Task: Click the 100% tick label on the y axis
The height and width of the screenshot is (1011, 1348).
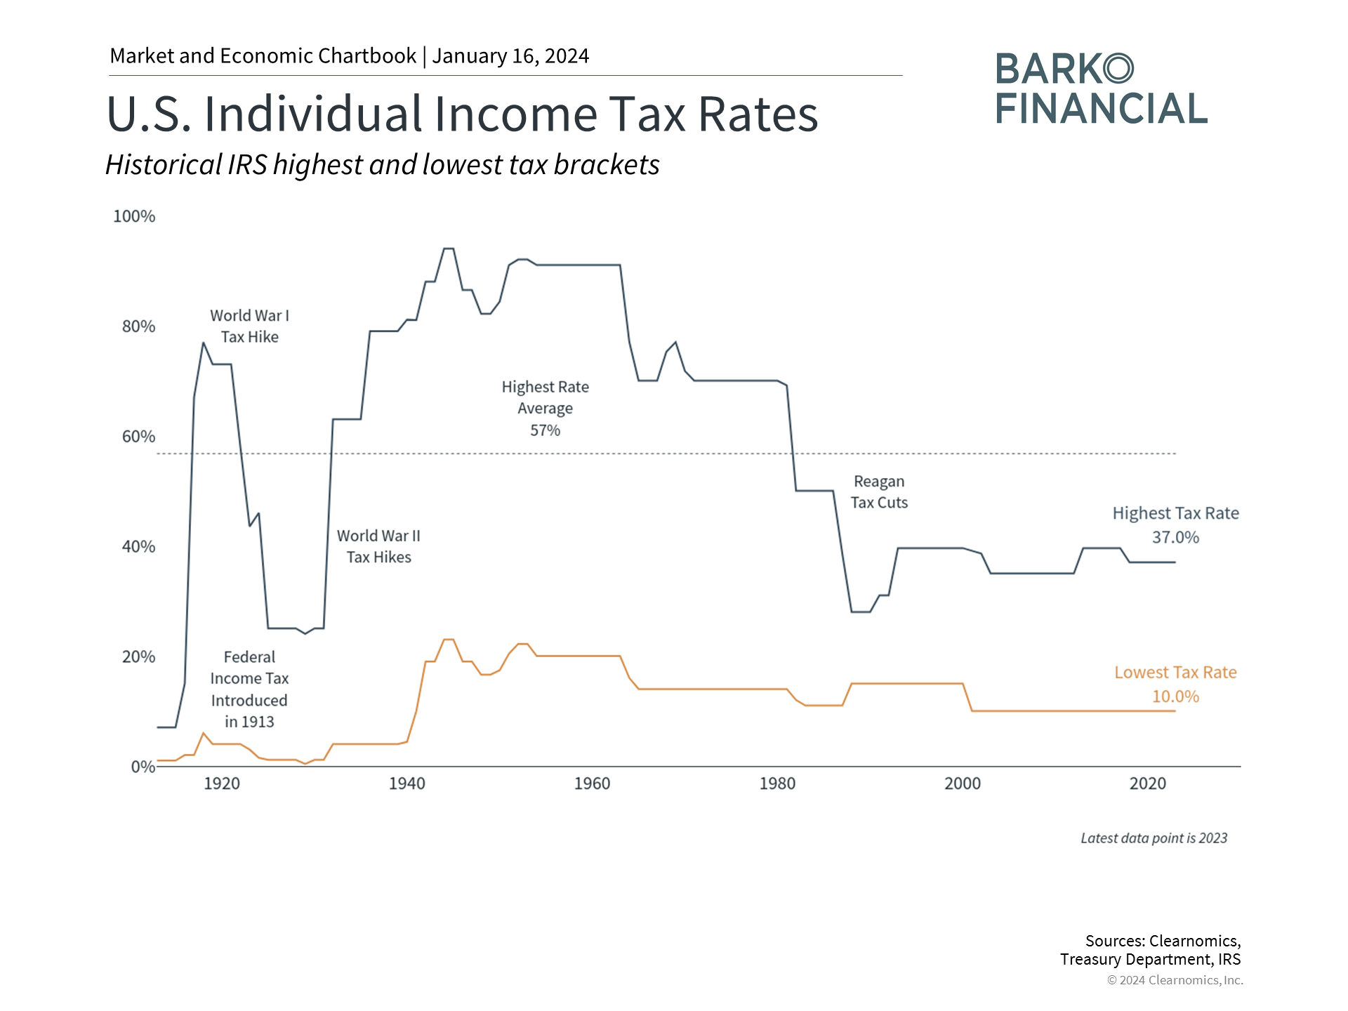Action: pos(134,216)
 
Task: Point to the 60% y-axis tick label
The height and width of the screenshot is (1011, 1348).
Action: pos(138,437)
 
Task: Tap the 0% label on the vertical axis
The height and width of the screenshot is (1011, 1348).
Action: pos(143,767)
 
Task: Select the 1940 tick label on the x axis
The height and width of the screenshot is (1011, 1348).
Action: pos(407,784)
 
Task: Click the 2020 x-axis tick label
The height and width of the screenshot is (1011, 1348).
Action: pos(1147,784)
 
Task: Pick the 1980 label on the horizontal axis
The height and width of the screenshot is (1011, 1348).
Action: pos(777,784)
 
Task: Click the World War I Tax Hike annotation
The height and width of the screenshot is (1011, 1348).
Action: pos(249,326)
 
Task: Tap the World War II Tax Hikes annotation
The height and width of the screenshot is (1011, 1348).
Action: pos(378,546)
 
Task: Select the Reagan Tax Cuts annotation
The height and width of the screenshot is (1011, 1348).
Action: pos(879,492)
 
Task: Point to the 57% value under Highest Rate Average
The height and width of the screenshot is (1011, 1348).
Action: pos(545,430)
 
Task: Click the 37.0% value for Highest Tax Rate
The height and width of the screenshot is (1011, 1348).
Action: pos(1175,538)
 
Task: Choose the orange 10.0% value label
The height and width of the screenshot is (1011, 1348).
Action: pos(1175,696)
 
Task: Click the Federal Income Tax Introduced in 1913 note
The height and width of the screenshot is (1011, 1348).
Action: pos(249,689)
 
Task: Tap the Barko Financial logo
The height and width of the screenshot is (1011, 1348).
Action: pos(1100,89)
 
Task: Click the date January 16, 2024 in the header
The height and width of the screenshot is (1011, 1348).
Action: pos(510,56)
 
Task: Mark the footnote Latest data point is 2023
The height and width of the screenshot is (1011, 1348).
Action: pos(1154,838)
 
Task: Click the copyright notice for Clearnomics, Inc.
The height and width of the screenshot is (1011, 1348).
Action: pos(1175,980)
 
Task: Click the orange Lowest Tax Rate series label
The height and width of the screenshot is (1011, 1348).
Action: pos(1175,673)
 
